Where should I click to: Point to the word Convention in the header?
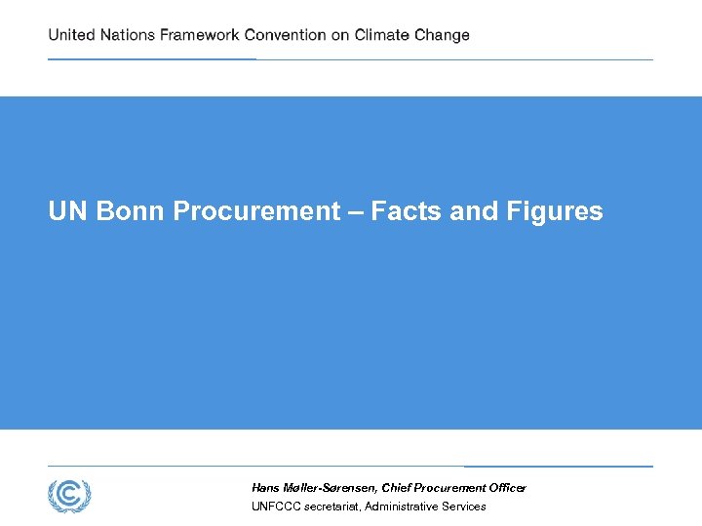(285, 35)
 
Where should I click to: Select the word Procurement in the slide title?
(256, 211)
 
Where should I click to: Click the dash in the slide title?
(356, 211)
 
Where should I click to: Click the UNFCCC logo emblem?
(69, 496)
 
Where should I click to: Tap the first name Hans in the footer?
(265, 487)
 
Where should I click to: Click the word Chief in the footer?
(397, 487)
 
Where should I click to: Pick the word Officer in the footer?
(505, 487)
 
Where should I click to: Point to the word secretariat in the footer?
(331, 507)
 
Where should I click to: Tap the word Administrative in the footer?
(402, 507)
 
